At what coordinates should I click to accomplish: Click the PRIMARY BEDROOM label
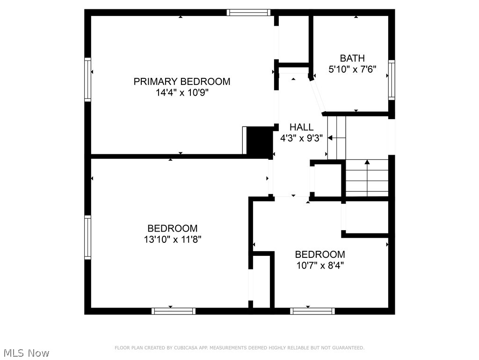[x=181, y=82]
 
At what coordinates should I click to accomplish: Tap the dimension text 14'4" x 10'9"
[x=181, y=93]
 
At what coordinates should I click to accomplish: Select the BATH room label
[x=352, y=59]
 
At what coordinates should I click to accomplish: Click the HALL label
[x=301, y=127]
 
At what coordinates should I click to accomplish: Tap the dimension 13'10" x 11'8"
[x=172, y=240]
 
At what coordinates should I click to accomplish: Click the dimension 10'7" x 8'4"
[x=319, y=265]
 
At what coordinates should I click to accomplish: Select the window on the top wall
[x=248, y=13]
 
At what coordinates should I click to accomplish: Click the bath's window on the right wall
[x=392, y=80]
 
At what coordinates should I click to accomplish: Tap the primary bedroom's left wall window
[x=87, y=79]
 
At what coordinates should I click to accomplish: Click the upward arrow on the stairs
[x=367, y=163]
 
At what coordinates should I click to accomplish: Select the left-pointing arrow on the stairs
[x=330, y=138]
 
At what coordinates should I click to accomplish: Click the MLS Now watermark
[x=26, y=353]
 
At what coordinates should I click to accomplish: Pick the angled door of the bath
[x=317, y=96]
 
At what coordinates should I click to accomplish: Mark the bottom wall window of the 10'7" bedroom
[x=312, y=311]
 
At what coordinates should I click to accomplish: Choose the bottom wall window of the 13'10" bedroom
[x=174, y=311]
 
